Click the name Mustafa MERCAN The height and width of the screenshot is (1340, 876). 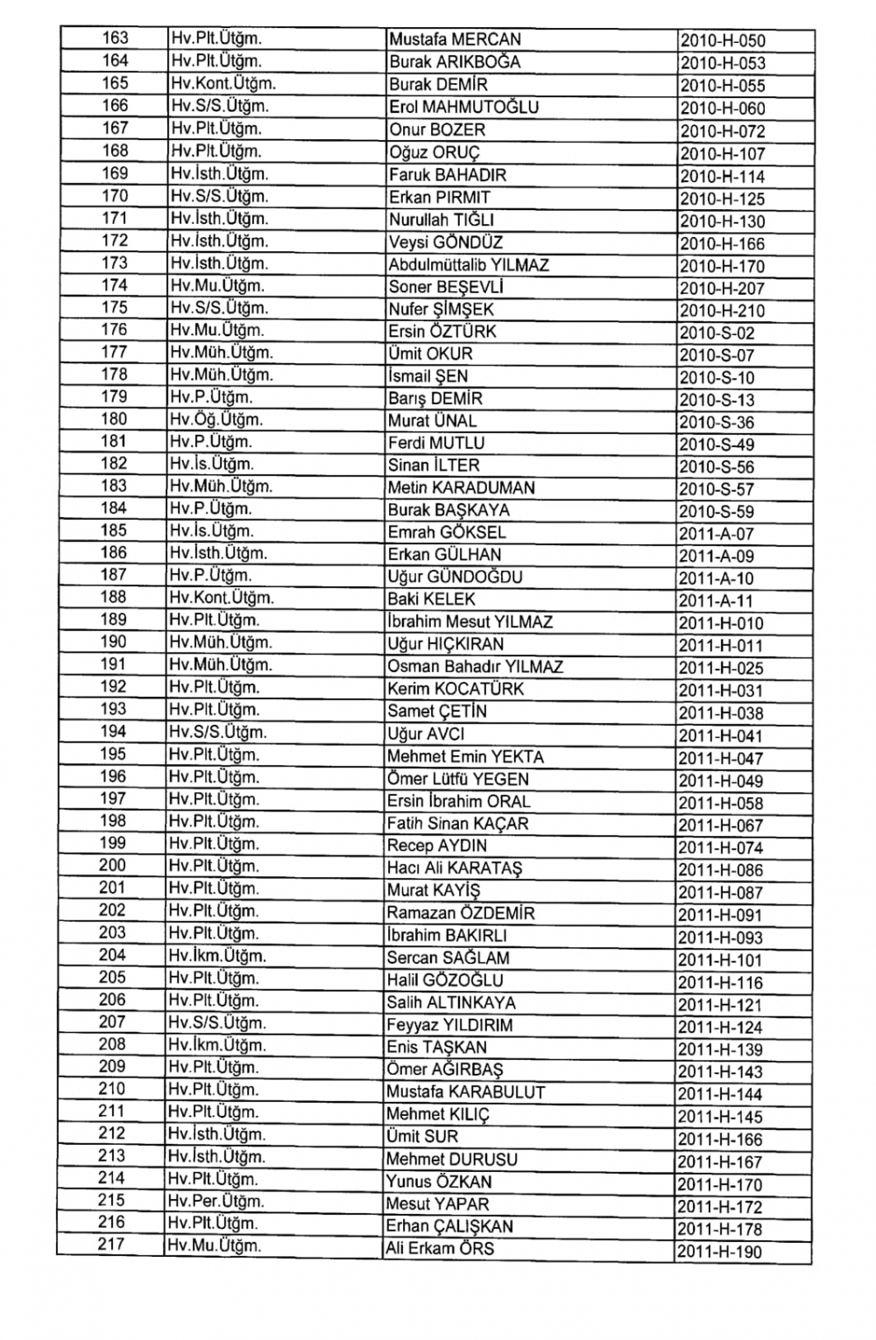tap(455, 39)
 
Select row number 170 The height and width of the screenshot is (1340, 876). tap(115, 196)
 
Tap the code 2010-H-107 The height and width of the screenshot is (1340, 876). tap(722, 154)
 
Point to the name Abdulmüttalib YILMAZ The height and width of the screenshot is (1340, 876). tap(469, 264)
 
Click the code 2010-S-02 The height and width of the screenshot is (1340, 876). tap(716, 333)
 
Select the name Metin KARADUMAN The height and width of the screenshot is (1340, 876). tap(461, 488)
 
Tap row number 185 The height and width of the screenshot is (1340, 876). tap(114, 530)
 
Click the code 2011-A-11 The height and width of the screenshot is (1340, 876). tap(716, 601)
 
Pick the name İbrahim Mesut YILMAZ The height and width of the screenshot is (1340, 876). tap(470, 622)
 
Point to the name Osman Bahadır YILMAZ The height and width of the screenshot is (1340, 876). tap(475, 667)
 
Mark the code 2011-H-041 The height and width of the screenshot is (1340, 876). tap(720, 736)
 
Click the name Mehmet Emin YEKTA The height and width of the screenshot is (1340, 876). tap(465, 757)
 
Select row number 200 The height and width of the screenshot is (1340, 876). tap(113, 866)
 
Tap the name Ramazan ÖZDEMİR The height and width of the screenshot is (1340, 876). tap(461, 913)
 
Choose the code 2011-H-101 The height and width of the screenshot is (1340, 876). tap(720, 960)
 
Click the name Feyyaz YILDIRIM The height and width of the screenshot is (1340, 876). tap(449, 1025)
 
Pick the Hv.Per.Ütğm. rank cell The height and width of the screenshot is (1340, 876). tap(215, 1202)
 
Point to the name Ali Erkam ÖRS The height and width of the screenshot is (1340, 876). tap(440, 1248)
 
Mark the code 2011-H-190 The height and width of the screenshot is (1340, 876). tap(720, 1252)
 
